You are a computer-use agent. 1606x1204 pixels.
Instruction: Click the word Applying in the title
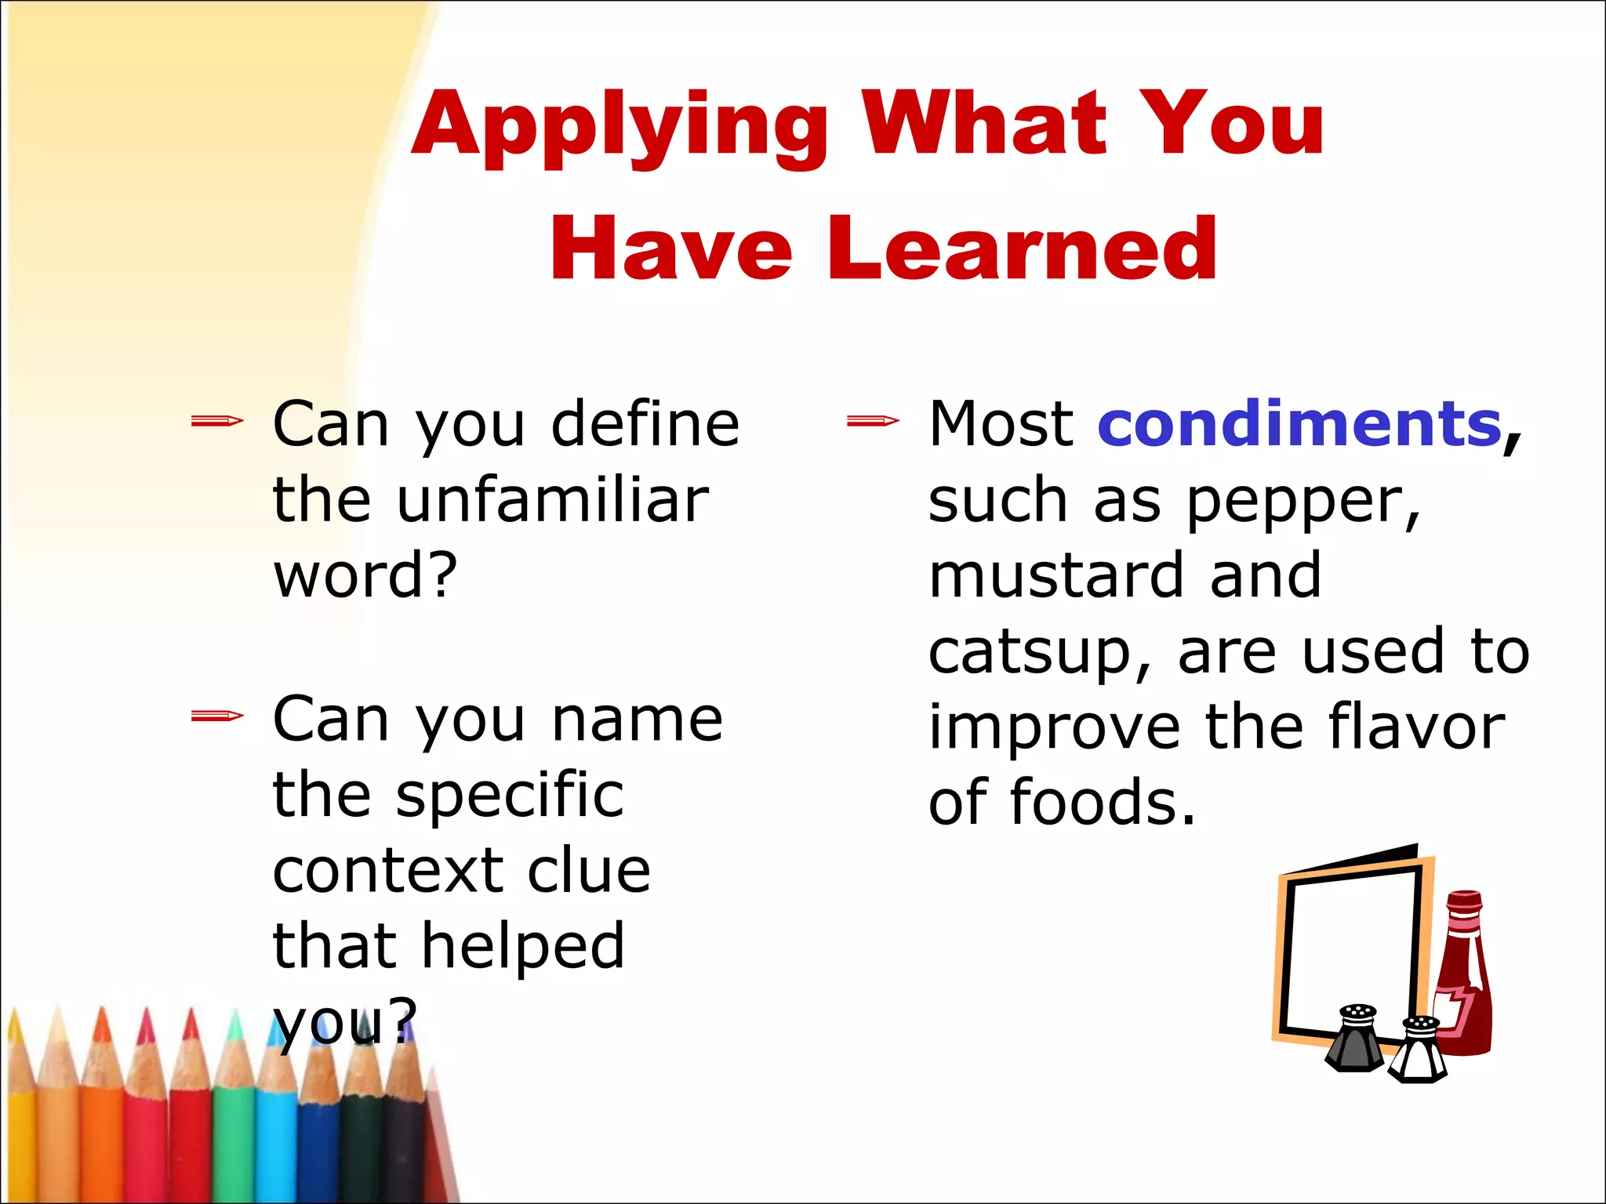(620, 125)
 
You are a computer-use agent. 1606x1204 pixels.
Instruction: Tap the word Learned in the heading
(1022, 249)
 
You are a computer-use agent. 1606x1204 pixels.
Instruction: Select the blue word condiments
(1299, 424)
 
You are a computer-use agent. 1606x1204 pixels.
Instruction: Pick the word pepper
(1302, 502)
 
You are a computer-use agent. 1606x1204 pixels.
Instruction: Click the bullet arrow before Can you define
(217, 422)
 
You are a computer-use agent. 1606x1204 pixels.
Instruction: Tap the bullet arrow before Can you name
(217, 716)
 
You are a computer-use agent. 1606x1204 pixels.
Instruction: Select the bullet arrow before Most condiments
(873, 422)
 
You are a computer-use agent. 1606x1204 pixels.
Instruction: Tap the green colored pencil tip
(234, 1043)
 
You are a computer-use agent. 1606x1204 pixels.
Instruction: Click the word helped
(523, 945)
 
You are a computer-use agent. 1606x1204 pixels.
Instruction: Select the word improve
(1054, 728)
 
